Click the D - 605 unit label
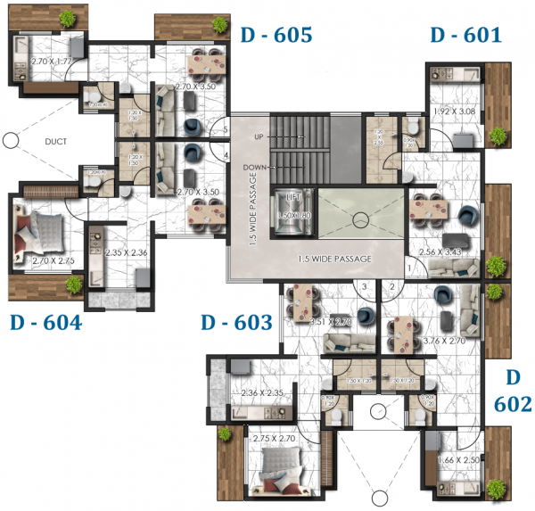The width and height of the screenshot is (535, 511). coord(276,36)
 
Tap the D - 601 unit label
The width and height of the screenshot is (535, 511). coord(465,36)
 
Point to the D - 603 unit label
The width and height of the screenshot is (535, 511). coord(235,323)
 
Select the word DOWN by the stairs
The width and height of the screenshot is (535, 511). coord(256,167)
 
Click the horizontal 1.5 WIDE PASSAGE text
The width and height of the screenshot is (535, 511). coord(333,260)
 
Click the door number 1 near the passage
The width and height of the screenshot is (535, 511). coord(408,265)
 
